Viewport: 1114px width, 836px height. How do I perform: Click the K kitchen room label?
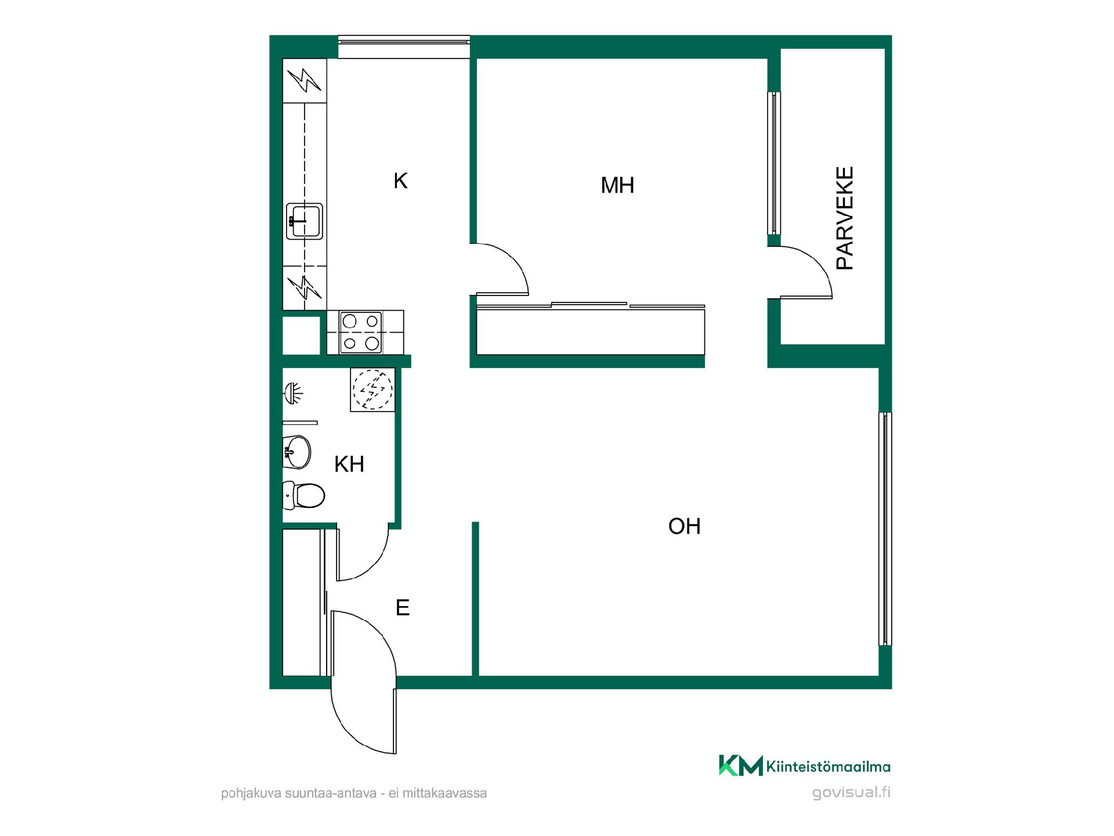click(400, 181)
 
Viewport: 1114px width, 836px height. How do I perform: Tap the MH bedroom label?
click(617, 185)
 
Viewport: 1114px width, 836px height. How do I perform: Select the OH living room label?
click(684, 526)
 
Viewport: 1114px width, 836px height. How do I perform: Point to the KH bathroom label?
click(349, 464)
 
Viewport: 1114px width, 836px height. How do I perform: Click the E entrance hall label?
click(402, 608)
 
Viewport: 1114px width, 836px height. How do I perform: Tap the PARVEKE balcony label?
click(845, 218)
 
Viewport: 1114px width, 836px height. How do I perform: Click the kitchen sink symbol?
click(304, 221)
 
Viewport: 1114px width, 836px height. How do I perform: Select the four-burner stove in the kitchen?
click(360, 332)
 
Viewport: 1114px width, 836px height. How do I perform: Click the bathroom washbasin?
click(296, 452)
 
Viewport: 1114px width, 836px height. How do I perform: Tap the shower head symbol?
click(294, 394)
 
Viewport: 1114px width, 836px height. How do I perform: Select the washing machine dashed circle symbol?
click(373, 389)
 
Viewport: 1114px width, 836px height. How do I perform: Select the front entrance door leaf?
click(395, 721)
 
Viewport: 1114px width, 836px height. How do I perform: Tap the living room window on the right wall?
click(885, 529)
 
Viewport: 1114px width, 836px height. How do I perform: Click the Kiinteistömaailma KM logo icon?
click(740, 765)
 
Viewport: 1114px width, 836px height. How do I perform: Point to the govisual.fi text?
click(851, 793)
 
